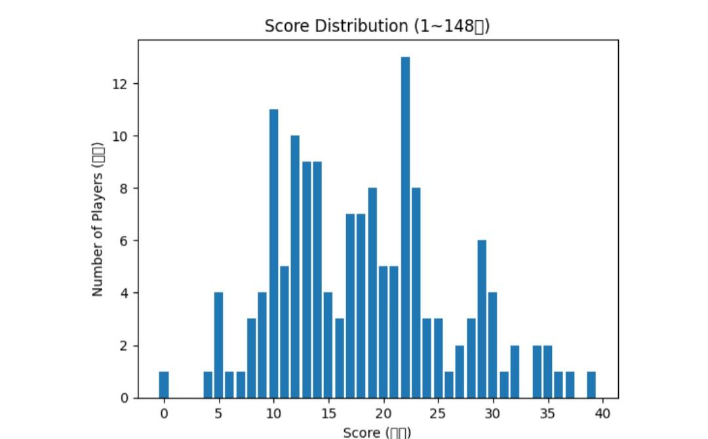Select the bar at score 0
click(164, 385)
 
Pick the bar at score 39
click(591, 385)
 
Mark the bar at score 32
click(515, 372)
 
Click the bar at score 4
click(208, 385)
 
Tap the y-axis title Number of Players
click(98, 220)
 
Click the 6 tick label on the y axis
click(125, 241)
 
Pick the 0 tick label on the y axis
click(125, 398)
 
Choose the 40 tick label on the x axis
click(602, 413)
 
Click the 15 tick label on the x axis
click(328, 413)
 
